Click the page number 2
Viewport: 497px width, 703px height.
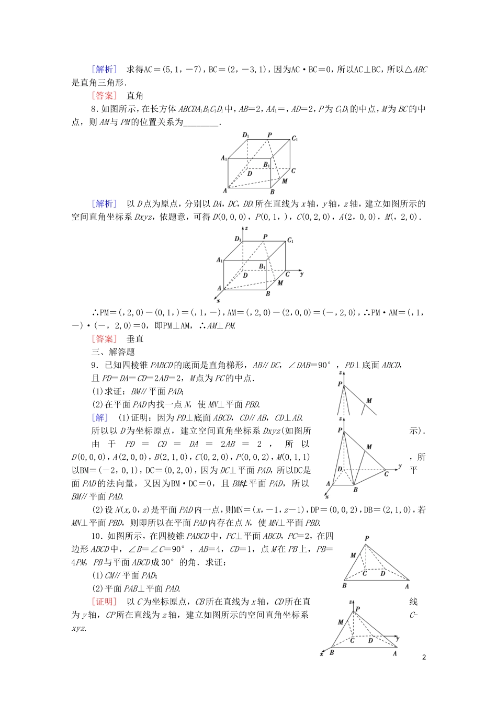click(x=424, y=657)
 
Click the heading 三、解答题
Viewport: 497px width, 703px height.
click(x=113, y=352)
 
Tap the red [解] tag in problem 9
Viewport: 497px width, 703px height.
click(x=99, y=417)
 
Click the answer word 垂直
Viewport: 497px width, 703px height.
click(x=135, y=339)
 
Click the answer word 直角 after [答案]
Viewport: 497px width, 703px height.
click(x=135, y=96)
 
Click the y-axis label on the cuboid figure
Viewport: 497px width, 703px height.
click(x=302, y=274)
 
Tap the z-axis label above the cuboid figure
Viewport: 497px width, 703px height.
click(x=246, y=228)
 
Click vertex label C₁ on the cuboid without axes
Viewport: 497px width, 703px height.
click(x=295, y=139)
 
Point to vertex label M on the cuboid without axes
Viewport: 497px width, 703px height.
click(x=285, y=182)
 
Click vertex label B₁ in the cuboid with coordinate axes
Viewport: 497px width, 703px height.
click(x=263, y=266)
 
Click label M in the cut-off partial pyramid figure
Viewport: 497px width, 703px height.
click(x=369, y=401)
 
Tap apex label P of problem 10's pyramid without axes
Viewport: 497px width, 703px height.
click(x=367, y=538)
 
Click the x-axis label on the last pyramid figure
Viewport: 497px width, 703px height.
click(x=322, y=654)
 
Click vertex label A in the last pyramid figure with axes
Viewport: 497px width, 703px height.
click(x=395, y=653)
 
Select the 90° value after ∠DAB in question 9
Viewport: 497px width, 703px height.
click(x=324, y=365)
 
